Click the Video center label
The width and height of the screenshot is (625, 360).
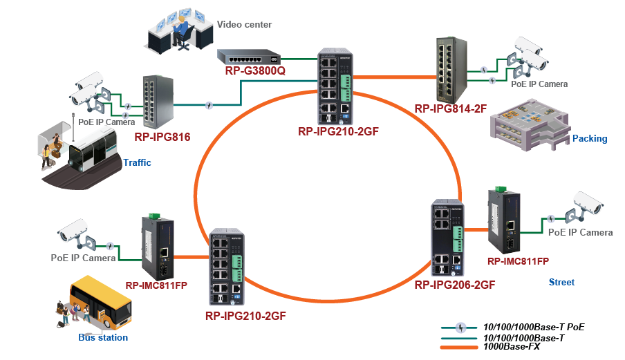[x=244, y=25]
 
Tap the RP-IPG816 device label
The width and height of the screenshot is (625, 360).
[x=162, y=137]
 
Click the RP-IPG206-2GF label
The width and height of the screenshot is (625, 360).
[x=454, y=284]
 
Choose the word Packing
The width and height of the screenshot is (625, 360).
[x=590, y=138]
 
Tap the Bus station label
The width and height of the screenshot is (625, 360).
[x=103, y=337]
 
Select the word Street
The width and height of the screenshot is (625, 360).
[x=561, y=282]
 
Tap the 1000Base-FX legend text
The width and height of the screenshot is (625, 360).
[x=512, y=346]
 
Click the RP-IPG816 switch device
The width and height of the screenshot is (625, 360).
[x=157, y=103]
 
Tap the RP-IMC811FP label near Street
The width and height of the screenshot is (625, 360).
[x=518, y=261]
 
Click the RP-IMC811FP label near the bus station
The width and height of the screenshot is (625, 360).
[x=156, y=285]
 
